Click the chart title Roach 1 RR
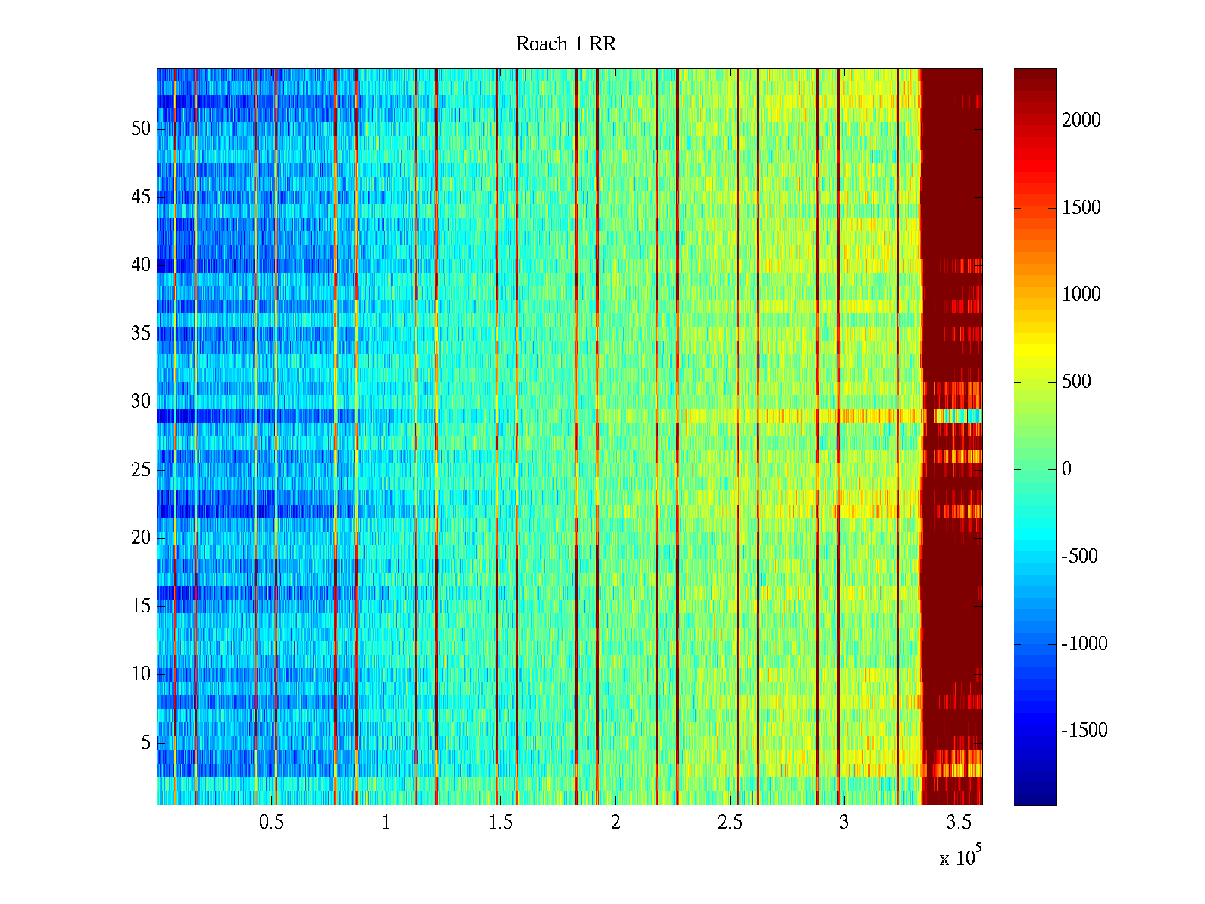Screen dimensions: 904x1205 pyautogui.click(x=566, y=44)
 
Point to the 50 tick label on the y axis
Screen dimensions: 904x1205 pyautogui.click(x=141, y=129)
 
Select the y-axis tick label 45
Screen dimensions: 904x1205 pyautogui.click(x=141, y=197)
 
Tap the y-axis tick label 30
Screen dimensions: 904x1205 pyautogui.click(x=141, y=402)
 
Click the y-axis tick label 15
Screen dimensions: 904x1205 pyautogui.click(x=141, y=606)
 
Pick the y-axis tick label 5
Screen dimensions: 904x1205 pyautogui.click(x=145, y=743)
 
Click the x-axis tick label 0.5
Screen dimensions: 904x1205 pyautogui.click(x=271, y=823)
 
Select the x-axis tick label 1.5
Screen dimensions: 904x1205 pyautogui.click(x=500, y=823)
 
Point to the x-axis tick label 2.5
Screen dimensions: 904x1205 pyautogui.click(x=729, y=823)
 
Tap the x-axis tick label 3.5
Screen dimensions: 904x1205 pyautogui.click(x=959, y=823)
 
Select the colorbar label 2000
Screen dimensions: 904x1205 pyautogui.click(x=1081, y=121)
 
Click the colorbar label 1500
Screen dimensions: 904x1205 pyautogui.click(x=1081, y=208)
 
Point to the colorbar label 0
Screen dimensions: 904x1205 pyautogui.click(x=1066, y=469)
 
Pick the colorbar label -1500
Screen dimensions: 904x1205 pyautogui.click(x=1084, y=731)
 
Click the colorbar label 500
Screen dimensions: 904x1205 pyautogui.click(x=1076, y=382)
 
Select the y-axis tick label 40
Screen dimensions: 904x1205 pyautogui.click(x=141, y=265)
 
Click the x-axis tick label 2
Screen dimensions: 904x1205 pyautogui.click(x=615, y=823)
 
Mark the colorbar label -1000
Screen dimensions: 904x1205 pyautogui.click(x=1084, y=643)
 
